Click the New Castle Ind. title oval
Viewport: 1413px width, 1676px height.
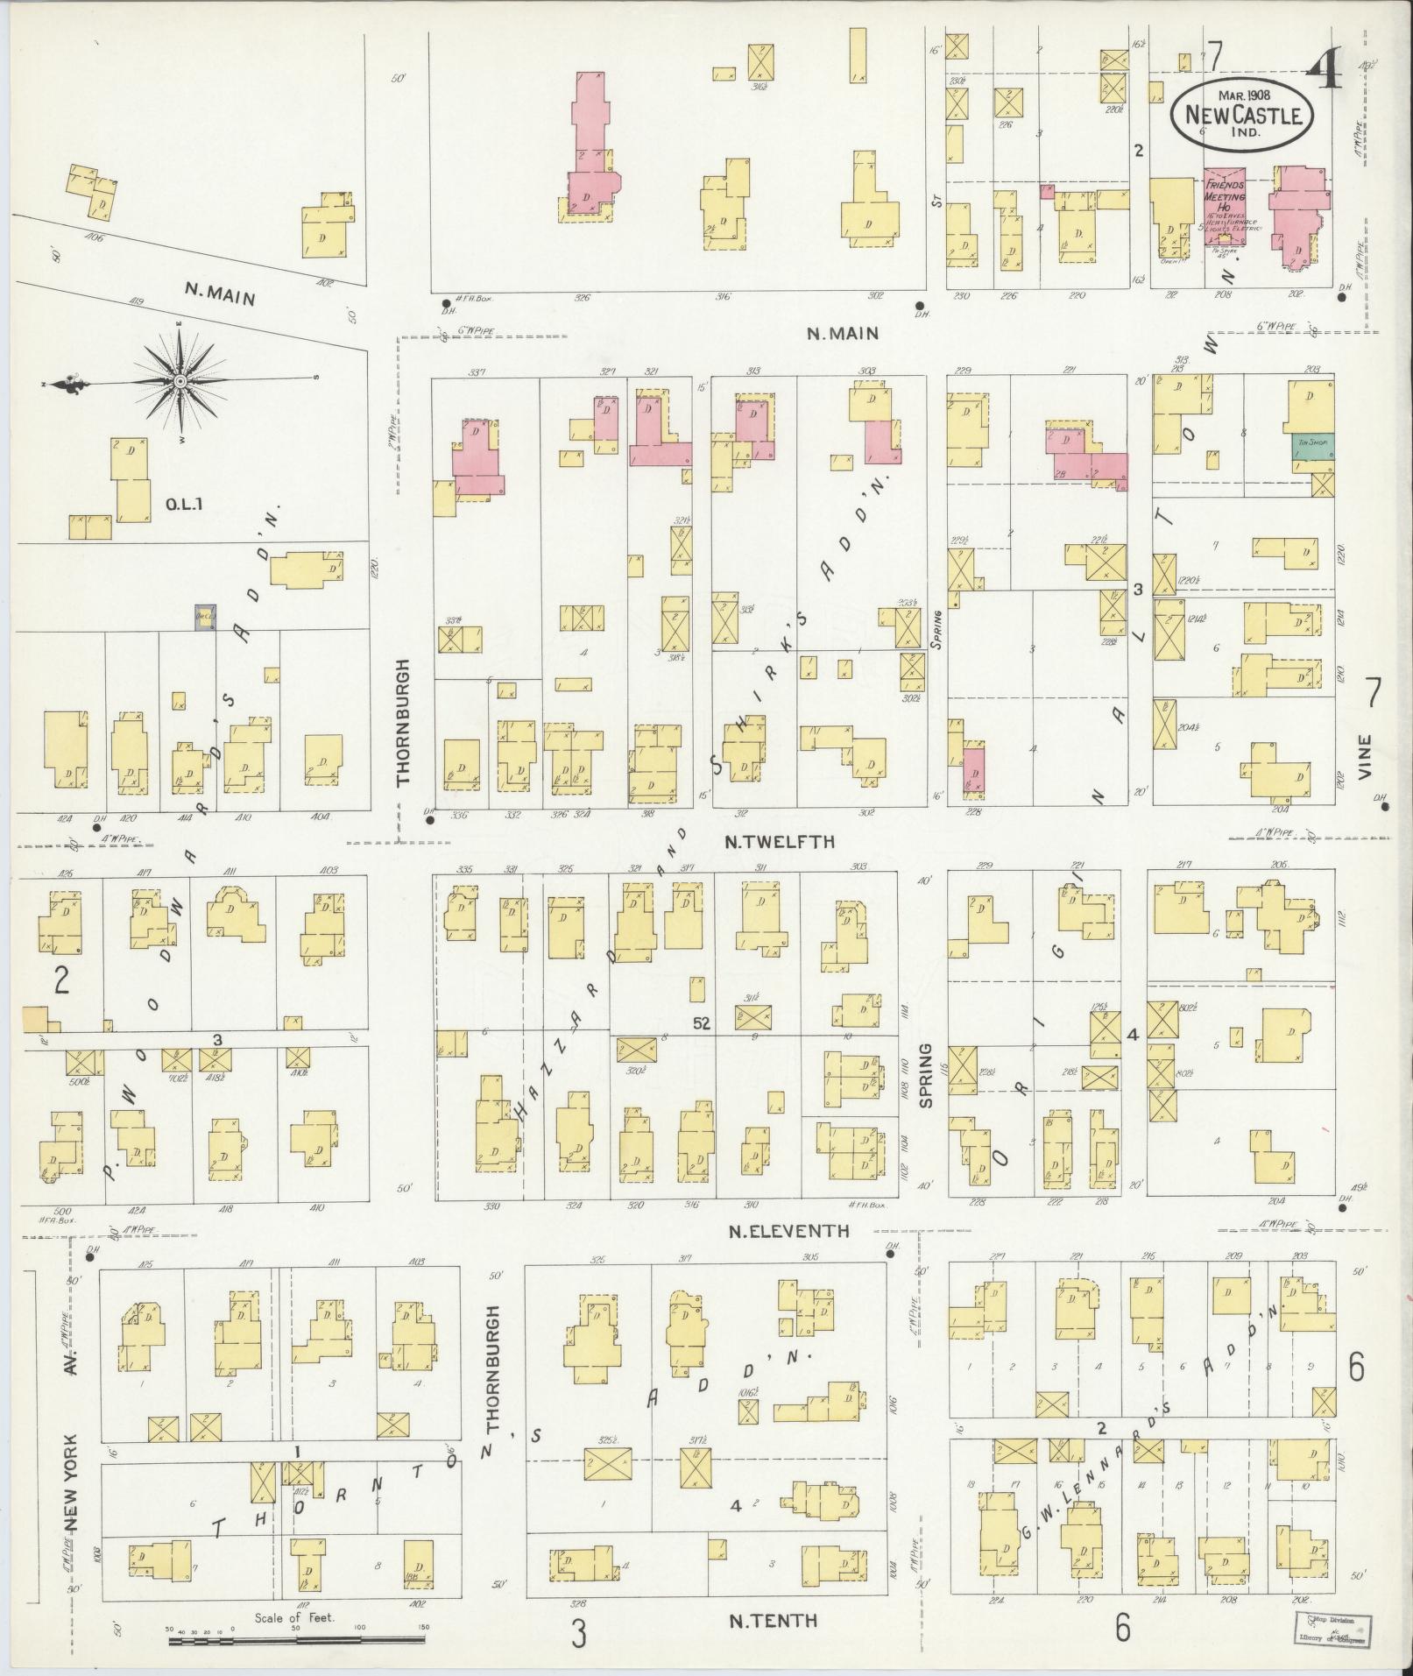pyautogui.click(x=1242, y=115)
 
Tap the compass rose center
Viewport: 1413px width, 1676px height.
pyautogui.click(x=180, y=381)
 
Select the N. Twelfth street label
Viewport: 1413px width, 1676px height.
pyautogui.click(x=780, y=842)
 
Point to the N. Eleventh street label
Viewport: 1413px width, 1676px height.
pyautogui.click(x=789, y=1230)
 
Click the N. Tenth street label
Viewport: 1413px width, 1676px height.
pyautogui.click(x=774, y=1620)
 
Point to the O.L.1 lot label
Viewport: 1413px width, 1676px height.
pyautogui.click(x=184, y=504)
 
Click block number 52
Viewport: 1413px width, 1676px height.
pyautogui.click(x=701, y=1022)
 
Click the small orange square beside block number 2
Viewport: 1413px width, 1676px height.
pyautogui.click(x=35, y=1019)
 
